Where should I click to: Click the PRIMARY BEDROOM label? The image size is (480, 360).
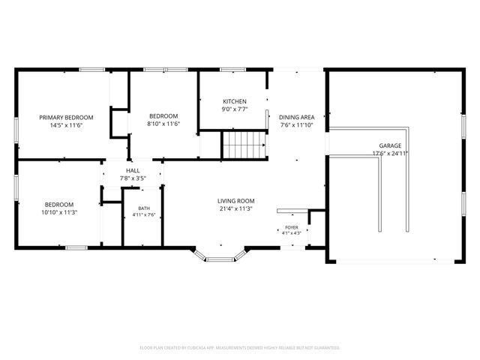pos(66,118)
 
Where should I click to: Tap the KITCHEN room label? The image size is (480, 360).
pos(235,101)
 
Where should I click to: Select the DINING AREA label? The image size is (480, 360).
pos(296,117)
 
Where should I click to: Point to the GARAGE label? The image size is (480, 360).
pos(390,145)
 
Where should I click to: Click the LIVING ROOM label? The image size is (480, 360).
pos(235,201)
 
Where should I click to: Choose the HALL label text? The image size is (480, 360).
pos(133,171)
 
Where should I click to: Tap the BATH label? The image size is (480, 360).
pos(144,208)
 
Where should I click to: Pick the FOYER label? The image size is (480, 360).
pos(292,227)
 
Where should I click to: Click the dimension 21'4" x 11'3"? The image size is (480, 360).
pos(235,209)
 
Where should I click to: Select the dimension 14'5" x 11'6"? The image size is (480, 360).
pos(67,125)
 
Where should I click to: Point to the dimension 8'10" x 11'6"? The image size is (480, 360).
pos(163,124)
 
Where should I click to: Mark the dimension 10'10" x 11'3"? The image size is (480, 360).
pos(59,212)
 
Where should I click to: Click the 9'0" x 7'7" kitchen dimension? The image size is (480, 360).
pos(235,109)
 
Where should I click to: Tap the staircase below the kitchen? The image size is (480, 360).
pos(244,145)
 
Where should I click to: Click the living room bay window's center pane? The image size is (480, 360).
pos(220,259)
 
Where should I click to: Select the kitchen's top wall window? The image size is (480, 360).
pos(232,70)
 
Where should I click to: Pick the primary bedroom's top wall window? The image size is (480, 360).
pos(91,70)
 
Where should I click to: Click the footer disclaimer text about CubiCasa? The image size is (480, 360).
pos(240,348)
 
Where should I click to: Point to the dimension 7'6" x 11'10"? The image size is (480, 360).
pos(296,125)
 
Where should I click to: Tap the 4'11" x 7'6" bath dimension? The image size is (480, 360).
pos(144,215)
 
